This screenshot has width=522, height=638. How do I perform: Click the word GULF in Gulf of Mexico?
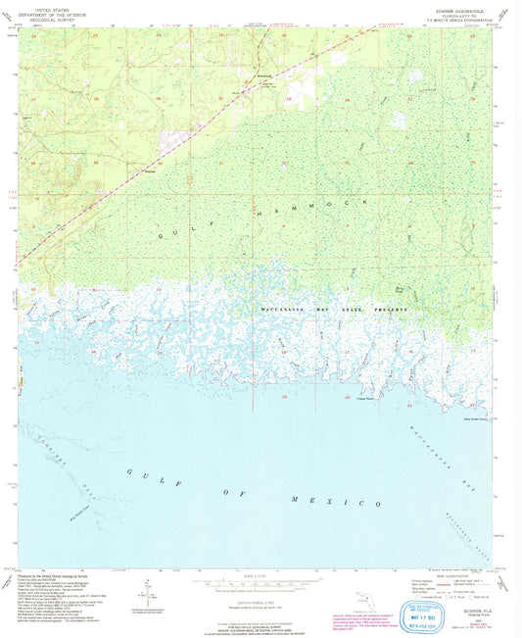(143, 473)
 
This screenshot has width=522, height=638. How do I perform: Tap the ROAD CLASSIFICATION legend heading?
(454, 573)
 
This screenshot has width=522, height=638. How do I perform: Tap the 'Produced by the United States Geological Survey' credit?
(59, 573)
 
